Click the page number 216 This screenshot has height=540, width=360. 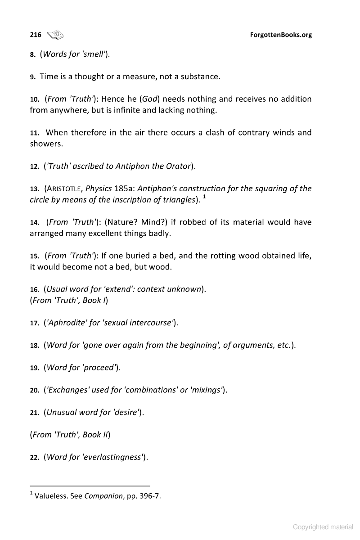point(36,35)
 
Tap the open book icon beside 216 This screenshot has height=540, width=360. point(55,34)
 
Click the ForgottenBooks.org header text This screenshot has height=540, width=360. point(280,35)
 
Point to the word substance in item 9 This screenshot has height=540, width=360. point(200,76)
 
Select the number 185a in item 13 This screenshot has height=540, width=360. point(120,189)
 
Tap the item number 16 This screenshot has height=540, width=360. point(35,289)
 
